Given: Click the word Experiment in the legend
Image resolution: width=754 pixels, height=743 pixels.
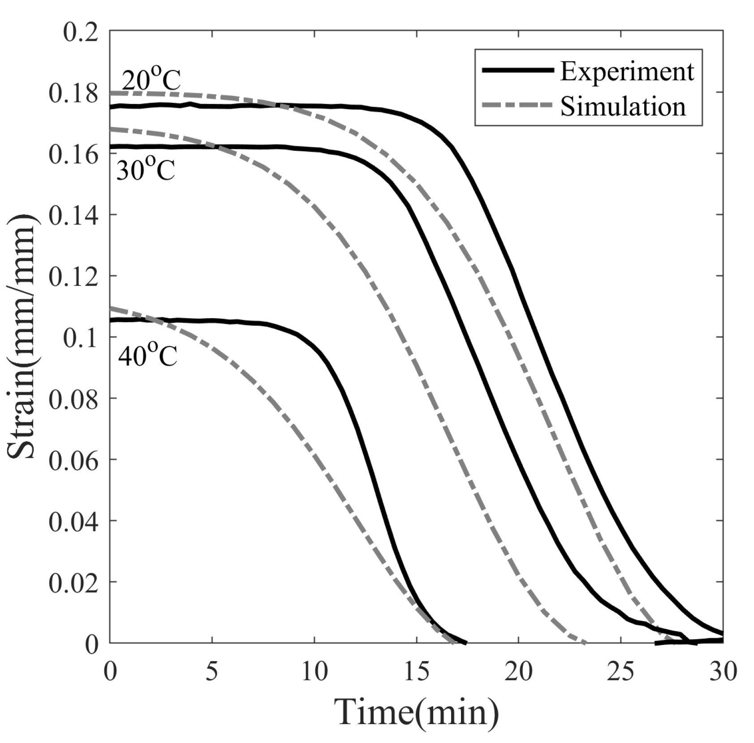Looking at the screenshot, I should tap(627, 72).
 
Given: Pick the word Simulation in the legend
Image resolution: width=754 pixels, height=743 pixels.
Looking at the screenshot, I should tap(623, 107).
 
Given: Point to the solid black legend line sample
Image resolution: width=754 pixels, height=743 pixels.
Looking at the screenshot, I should tap(517, 70).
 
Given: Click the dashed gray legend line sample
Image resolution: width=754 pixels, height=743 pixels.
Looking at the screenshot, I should tap(517, 106).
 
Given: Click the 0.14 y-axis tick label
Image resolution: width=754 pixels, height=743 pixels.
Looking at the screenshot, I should tap(73, 215).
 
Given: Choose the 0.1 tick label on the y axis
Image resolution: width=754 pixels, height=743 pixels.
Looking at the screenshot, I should tap(81, 338).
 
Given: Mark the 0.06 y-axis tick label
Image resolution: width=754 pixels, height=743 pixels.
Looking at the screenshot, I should tap(73, 461).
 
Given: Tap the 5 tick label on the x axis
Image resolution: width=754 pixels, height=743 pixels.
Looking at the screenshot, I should tap(212, 672).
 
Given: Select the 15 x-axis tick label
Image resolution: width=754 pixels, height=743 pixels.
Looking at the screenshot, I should tap(417, 672).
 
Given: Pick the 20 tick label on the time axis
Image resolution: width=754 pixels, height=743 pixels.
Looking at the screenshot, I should tap(519, 672).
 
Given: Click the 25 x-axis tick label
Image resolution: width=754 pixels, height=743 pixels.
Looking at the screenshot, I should tap(621, 672).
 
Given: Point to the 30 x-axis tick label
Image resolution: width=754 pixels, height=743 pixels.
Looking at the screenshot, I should tap(722, 672).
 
